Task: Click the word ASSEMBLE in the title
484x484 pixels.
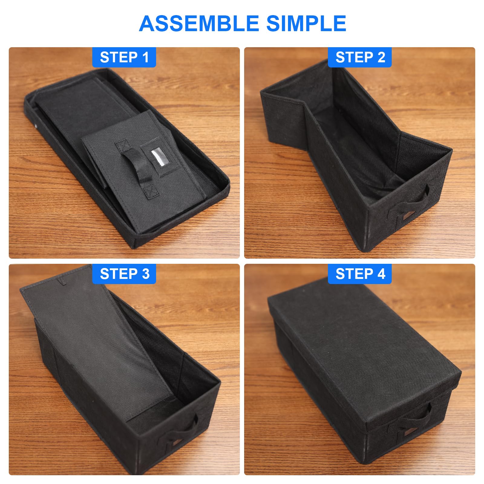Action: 199,24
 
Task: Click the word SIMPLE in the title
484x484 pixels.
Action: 306,24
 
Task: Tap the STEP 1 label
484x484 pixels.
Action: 124,57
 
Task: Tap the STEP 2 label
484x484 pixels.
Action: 360,57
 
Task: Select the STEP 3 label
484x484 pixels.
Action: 124,274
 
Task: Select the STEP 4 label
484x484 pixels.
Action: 360,274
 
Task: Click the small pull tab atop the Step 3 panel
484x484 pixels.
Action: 62,281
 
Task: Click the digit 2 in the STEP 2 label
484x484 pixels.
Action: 381,57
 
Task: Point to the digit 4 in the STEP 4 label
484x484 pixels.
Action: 381,274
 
